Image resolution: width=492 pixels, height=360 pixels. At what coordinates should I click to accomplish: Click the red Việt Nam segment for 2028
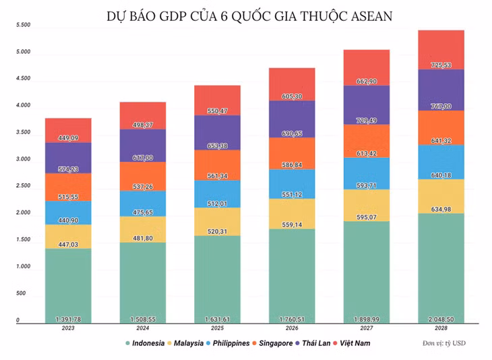441,50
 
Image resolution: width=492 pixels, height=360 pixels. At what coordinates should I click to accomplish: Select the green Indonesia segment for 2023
68,286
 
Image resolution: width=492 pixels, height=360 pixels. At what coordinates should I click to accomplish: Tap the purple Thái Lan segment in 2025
217,132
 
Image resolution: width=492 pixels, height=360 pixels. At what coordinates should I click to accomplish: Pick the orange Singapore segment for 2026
292,153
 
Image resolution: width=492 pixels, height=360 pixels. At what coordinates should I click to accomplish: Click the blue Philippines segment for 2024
143,204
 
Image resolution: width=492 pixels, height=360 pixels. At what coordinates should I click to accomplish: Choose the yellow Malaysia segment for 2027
367,205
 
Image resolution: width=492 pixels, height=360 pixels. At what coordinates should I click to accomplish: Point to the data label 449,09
68,138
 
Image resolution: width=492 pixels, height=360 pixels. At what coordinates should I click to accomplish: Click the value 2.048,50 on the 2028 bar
441,319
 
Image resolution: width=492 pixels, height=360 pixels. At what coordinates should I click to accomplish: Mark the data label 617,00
143,158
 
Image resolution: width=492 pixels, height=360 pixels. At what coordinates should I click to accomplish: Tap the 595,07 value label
367,217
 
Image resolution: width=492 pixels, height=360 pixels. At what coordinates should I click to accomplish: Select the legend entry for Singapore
272,343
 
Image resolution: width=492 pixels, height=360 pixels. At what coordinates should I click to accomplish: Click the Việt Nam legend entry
351,343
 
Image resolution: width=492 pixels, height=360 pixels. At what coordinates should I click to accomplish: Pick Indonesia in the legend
145,343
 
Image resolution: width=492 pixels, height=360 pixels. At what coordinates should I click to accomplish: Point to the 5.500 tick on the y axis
24,25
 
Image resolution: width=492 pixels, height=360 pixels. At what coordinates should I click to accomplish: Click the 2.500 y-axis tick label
24,185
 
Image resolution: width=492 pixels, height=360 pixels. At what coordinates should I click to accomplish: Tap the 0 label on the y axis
18,320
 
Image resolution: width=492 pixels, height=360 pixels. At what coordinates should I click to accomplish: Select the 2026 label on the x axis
292,328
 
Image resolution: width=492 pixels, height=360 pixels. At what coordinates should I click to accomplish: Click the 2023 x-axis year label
68,328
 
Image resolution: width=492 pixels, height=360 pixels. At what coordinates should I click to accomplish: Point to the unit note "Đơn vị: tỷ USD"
444,343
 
